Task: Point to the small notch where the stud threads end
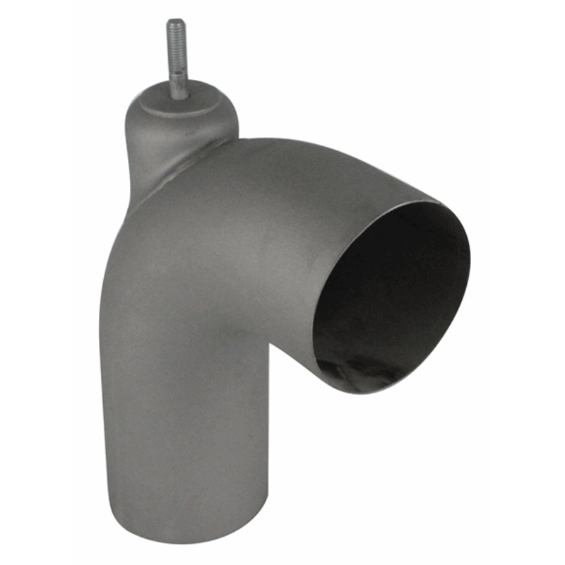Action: tap(177, 69)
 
